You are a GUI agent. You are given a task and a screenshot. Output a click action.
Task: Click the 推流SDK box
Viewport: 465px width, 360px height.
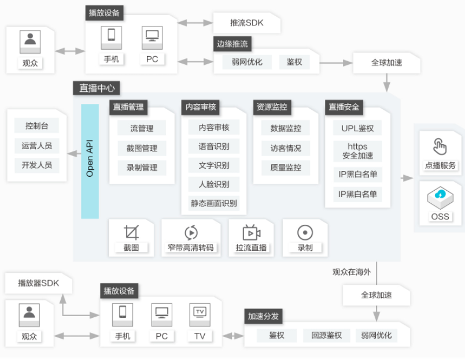[x=247, y=23]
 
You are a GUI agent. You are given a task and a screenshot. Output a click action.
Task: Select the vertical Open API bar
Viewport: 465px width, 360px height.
[x=90, y=161]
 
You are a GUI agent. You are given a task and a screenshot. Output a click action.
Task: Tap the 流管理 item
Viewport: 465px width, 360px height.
[x=142, y=128]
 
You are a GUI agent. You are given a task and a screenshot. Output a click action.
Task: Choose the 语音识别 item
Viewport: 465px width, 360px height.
[x=214, y=146]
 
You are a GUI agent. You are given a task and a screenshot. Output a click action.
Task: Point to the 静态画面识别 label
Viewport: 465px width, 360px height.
[x=214, y=203]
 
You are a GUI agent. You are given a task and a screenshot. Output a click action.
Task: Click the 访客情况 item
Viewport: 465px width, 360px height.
[x=286, y=148]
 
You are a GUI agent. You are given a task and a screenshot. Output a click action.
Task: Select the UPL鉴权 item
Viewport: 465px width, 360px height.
[x=357, y=128]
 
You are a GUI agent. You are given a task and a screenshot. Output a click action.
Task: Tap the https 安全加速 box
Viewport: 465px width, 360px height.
[x=357, y=151]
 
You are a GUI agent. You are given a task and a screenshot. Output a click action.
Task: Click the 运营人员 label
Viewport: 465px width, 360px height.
[x=37, y=146]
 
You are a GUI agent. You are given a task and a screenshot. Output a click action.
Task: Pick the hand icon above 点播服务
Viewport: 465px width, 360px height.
[x=440, y=147]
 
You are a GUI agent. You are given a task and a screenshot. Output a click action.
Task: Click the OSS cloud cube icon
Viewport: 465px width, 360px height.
[x=440, y=196]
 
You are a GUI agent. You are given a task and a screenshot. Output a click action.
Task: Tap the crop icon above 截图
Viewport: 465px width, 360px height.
[x=131, y=232]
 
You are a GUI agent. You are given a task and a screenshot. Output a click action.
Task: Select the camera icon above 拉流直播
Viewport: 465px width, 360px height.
[x=251, y=233]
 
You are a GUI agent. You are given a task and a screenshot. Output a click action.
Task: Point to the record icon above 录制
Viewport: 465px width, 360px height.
[x=305, y=233]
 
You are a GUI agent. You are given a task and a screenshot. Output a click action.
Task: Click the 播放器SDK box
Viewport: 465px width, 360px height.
[x=39, y=283]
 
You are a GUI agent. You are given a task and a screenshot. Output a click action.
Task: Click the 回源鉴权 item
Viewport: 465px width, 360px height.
[x=326, y=335]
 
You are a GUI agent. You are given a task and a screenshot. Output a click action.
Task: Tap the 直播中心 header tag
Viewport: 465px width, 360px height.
[x=97, y=88]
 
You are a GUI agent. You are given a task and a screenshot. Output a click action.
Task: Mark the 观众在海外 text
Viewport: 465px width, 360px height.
[x=352, y=272]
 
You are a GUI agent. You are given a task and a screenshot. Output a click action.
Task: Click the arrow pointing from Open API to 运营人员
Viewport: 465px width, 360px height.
[x=74, y=154]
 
